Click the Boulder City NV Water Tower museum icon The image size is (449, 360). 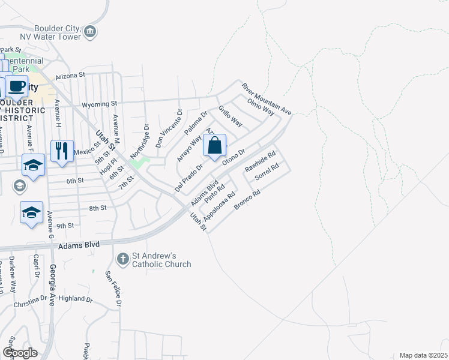coord(90,31)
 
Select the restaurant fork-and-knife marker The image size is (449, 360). coord(62,151)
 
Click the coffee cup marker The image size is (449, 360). coord(17,86)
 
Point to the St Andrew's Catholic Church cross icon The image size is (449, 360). coord(122,259)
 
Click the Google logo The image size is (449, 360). coord(20,353)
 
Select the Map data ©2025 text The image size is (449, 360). coord(423,355)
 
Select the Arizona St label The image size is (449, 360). coord(71,76)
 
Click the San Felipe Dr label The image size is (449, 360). coord(113,289)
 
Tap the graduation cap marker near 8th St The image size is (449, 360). coord(32,212)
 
